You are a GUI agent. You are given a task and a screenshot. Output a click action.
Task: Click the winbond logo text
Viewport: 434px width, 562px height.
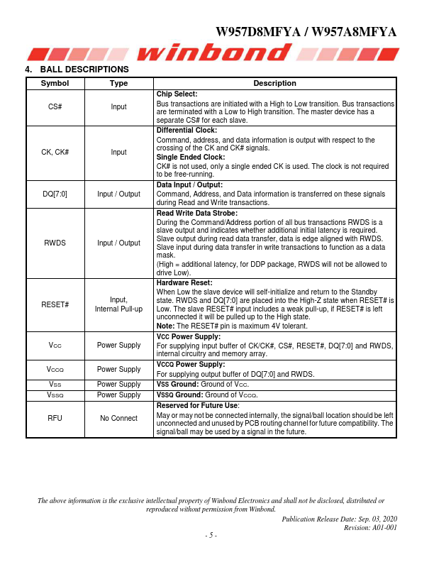(216, 53)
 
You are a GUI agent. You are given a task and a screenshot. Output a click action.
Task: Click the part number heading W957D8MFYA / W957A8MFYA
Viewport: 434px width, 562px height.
(306, 33)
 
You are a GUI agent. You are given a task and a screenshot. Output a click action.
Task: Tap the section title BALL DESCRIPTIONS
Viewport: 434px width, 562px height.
(84, 70)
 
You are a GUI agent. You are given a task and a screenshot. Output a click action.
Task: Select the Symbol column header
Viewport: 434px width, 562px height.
(55, 83)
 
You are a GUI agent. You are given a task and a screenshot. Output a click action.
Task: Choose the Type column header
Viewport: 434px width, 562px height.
(118, 83)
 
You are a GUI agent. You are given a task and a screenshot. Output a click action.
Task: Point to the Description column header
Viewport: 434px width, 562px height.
(274, 83)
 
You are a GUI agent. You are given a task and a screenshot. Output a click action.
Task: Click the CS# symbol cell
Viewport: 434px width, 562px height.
(55, 106)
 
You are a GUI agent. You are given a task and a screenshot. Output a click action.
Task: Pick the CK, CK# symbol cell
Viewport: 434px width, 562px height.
(55, 152)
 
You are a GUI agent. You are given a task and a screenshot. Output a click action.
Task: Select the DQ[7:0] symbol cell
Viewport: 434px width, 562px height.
(55, 193)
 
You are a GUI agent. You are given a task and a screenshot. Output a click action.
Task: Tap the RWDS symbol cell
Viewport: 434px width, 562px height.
(55, 243)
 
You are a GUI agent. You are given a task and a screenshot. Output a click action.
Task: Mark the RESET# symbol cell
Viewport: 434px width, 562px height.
(55, 304)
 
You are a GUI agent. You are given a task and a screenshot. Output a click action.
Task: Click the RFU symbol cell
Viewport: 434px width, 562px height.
(55, 418)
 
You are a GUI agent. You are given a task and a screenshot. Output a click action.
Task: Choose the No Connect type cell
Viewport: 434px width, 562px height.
(118, 418)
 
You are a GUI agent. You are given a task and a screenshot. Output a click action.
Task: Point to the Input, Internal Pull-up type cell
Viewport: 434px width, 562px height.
(118, 304)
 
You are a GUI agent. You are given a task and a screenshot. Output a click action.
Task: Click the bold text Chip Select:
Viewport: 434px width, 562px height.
(177, 94)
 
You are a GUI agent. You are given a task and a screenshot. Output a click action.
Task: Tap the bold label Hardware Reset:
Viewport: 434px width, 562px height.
(182, 282)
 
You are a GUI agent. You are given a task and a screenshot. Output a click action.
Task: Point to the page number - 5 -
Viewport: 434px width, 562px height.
(211, 535)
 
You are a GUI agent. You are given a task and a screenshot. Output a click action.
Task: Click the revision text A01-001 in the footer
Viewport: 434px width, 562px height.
(381, 527)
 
